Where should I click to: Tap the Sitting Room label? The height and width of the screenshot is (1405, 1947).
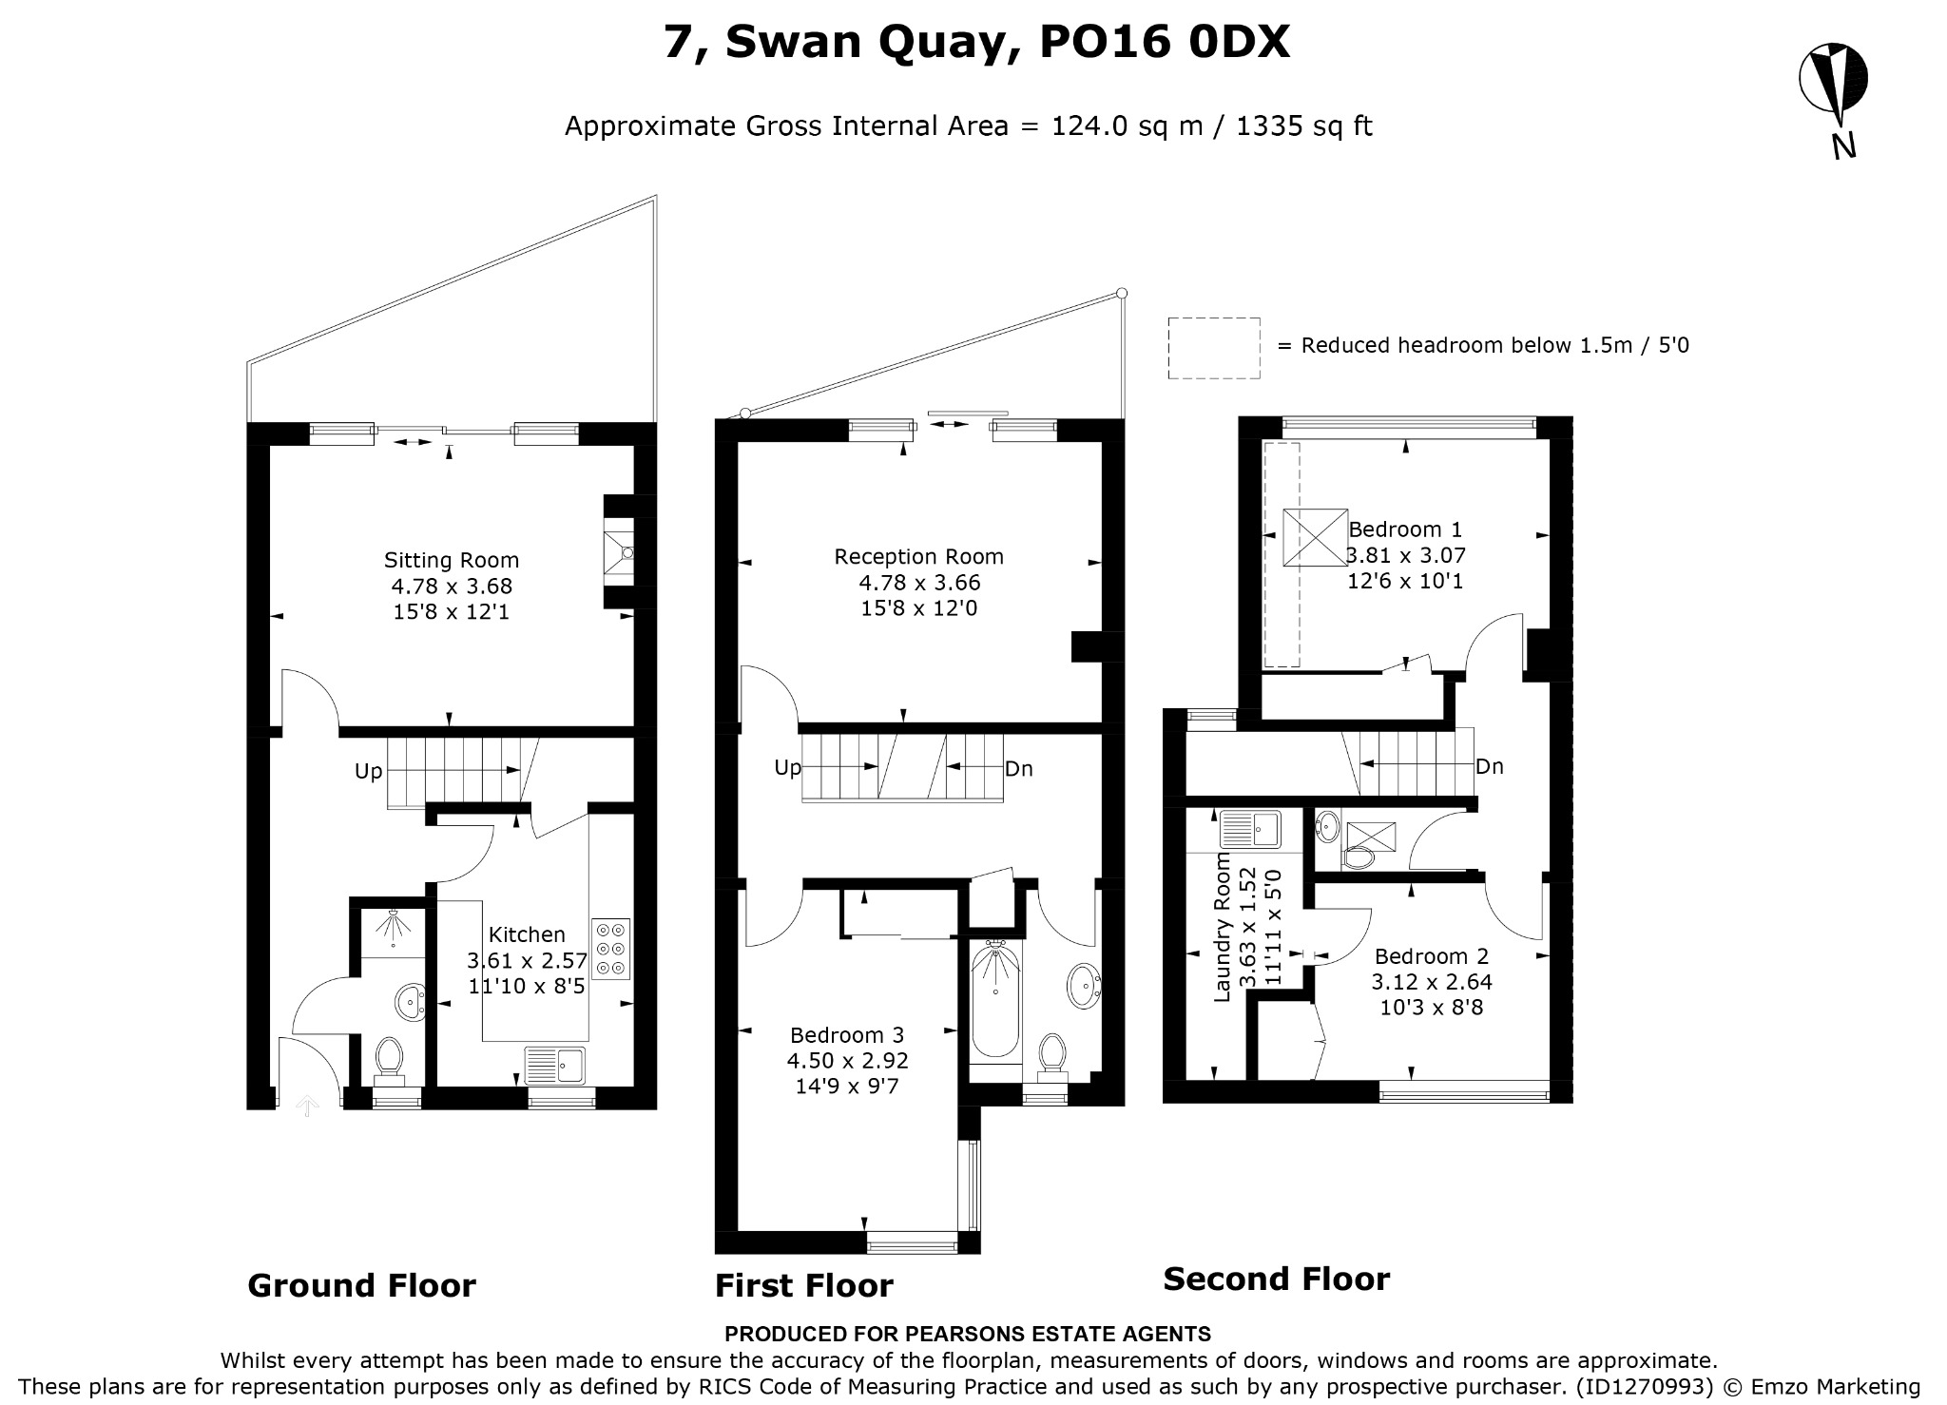tap(452, 561)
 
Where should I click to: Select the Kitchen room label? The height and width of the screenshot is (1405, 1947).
tap(527, 935)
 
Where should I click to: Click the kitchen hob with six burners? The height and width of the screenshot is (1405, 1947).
tap(610, 949)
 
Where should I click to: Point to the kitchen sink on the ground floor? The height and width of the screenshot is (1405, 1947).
tap(556, 1065)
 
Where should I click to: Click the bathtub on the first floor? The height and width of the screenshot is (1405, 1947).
tap(995, 998)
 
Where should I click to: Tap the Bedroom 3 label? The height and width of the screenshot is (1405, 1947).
tap(847, 1035)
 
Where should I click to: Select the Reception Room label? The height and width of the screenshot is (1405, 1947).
tap(918, 557)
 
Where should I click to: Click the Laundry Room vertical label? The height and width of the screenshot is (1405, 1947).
tap(1224, 927)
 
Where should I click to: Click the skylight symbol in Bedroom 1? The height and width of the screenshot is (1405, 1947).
tap(1315, 538)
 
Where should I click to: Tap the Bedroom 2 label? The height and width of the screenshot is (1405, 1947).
tap(1431, 956)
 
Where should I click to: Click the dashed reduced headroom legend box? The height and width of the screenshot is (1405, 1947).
tap(1214, 348)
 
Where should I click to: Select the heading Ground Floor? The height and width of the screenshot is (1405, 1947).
tap(361, 1285)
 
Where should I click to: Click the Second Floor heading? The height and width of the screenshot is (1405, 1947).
tap(1276, 1280)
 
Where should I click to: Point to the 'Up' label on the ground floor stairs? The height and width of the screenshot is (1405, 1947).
tap(368, 771)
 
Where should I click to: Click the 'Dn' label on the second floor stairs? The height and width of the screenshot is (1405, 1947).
tap(1490, 766)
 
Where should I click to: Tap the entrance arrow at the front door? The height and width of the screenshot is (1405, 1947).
tap(306, 1105)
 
